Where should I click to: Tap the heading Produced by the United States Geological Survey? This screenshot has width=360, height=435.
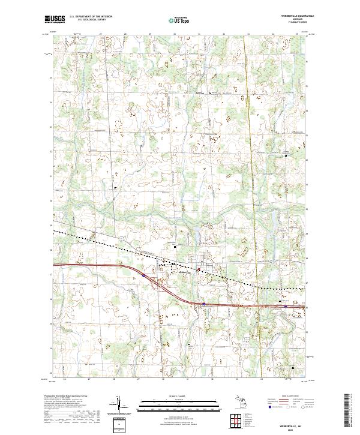pos(68,397)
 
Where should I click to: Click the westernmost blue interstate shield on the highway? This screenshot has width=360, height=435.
pos(144,275)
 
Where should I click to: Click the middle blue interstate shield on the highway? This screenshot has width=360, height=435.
pos(203,304)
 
